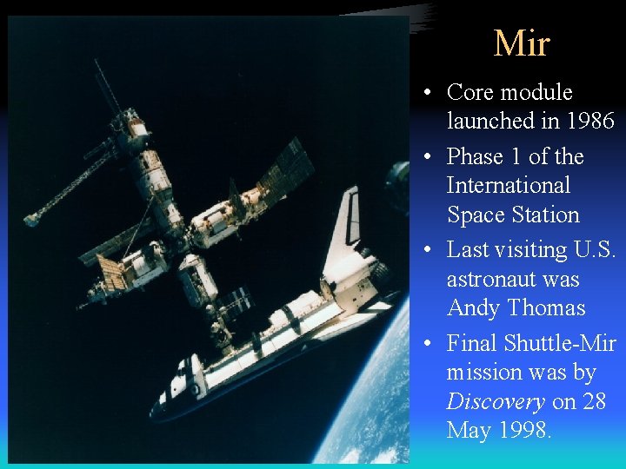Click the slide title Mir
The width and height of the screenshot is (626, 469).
(521, 43)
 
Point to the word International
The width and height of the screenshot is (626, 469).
(508, 185)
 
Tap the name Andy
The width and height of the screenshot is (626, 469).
(474, 308)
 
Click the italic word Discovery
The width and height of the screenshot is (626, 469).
(495, 402)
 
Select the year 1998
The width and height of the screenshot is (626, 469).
(525, 431)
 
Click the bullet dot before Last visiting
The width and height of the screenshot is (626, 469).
(429, 250)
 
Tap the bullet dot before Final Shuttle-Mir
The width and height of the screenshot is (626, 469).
(429, 344)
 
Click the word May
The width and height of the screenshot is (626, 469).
(468, 431)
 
